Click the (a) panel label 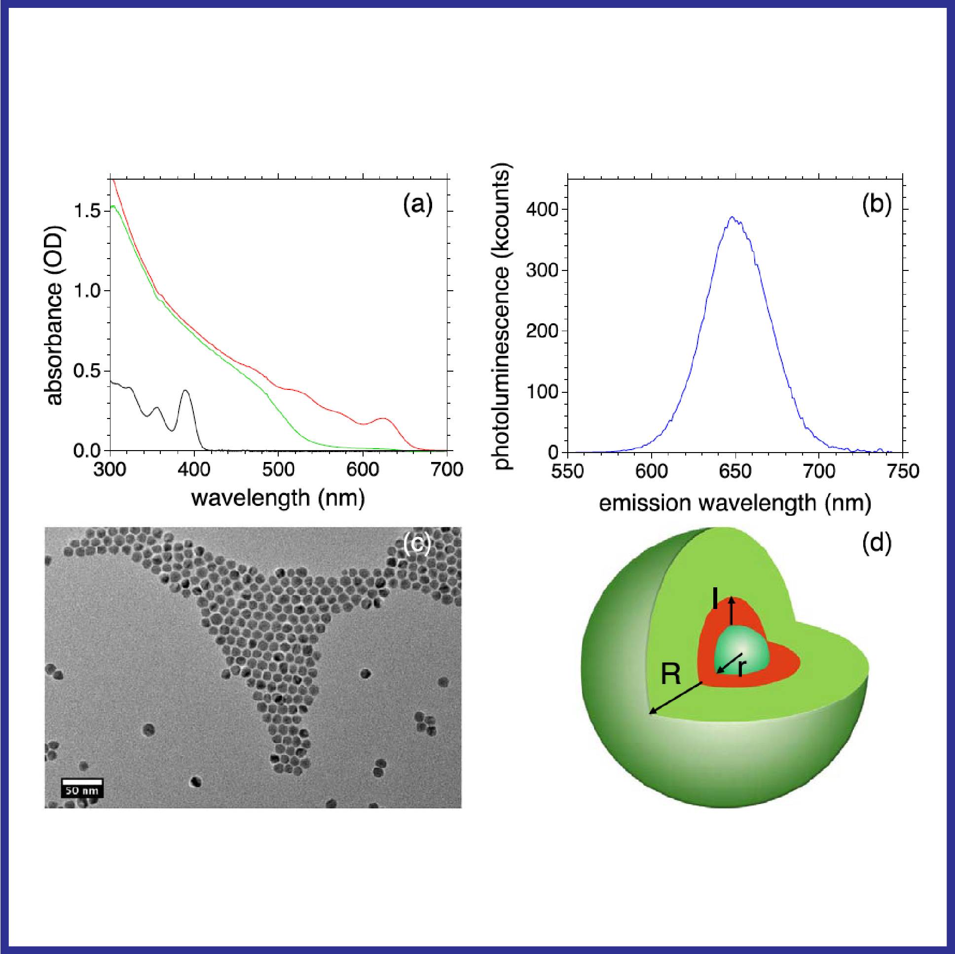418,204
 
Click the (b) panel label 877,204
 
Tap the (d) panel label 877,543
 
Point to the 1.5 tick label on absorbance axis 87,211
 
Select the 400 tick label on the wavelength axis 194,469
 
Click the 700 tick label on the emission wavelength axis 819,471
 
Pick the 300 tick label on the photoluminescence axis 542,270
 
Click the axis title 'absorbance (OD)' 54,315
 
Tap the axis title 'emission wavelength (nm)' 735,503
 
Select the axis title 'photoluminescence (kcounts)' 501,315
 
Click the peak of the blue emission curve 732,218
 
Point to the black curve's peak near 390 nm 186,391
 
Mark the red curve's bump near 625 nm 384,419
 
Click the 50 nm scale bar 82,782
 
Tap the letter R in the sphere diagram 671,674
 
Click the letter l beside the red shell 715,599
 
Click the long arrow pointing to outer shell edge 676,697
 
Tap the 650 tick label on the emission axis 735,471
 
